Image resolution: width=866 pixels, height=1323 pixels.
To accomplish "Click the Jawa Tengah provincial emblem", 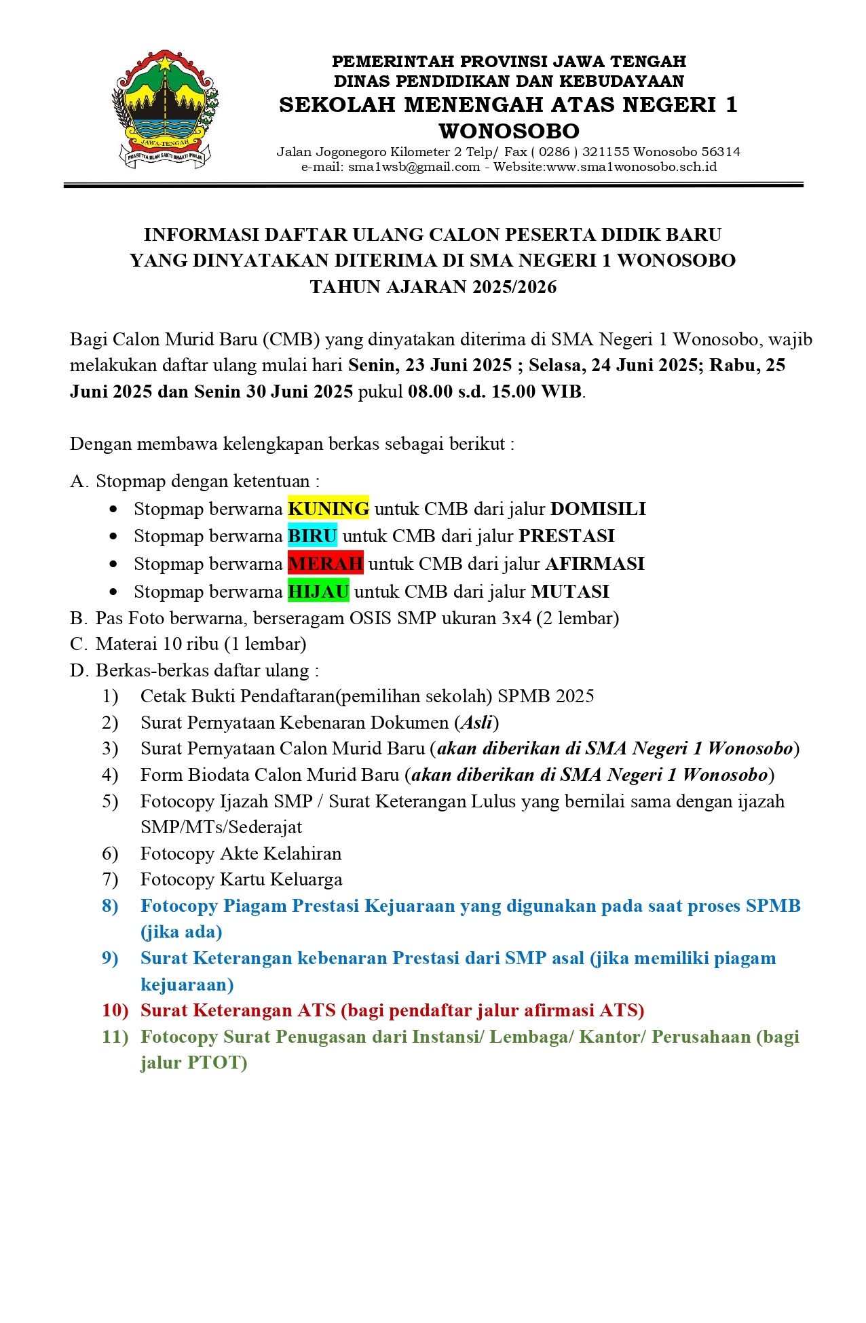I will click(166, 109).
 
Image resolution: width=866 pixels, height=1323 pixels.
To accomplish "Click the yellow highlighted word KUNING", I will click(328, 508).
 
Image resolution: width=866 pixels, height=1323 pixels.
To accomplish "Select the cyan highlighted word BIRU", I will click(312, 535).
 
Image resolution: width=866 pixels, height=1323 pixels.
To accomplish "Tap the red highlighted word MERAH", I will click(325, 563).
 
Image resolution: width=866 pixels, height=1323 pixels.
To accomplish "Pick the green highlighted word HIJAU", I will click(318, 591).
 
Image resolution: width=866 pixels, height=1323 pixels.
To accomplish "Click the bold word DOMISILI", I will click(598, 508).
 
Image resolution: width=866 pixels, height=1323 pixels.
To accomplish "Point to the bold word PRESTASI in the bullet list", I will click(567, 535).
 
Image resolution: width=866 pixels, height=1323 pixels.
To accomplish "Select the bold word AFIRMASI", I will click(595, 563).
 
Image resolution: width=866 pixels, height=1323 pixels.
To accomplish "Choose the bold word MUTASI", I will click(570, 591).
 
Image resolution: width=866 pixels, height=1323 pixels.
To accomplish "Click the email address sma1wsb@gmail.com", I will click(414, 167).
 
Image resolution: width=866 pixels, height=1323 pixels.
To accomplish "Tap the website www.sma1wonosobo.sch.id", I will click(631, 167).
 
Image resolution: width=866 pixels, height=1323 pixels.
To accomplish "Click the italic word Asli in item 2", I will click(477, 722).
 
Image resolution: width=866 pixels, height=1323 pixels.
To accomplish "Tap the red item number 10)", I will click(115, 1010).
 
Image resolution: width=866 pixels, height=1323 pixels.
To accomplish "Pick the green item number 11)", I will click(115, 1036).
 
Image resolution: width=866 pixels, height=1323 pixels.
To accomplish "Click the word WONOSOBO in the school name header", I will click(509, 130).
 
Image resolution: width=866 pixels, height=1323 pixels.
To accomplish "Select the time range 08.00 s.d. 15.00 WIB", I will click(495, 391).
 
